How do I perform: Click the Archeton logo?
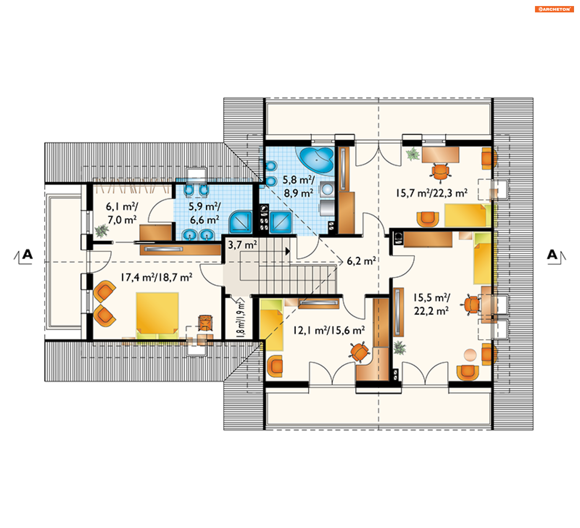pos(554,9)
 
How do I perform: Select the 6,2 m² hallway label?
pos(361,261)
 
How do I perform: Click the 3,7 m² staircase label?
pos(242,245)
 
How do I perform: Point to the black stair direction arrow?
pos(288,251)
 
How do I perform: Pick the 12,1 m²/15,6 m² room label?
pos(329,330)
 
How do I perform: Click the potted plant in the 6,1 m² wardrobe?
pos(101,231)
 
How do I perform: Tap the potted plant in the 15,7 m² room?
pos(413,154)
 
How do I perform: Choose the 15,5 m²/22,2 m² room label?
pos(431,304)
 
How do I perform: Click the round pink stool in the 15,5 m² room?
pos(470,355)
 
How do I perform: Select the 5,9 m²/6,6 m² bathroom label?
pos(205,213)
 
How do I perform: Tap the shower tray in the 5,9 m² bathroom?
pos(240,222)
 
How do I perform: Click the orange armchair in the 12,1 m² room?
pos(275,366)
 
